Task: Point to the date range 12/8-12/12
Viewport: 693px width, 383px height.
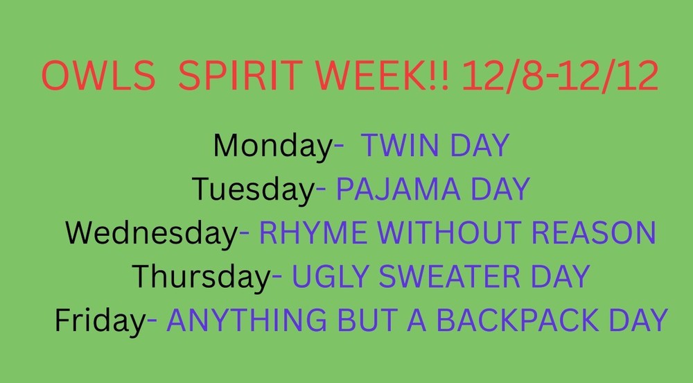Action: click(x=559, y=77)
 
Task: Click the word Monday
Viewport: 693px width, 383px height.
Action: click(x=273, y=146)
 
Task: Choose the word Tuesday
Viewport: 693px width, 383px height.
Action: click(x=253, y=189)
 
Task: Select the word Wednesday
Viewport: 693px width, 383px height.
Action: click(x=152, y=233)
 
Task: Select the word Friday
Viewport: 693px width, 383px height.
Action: click(x=98, y=320)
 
